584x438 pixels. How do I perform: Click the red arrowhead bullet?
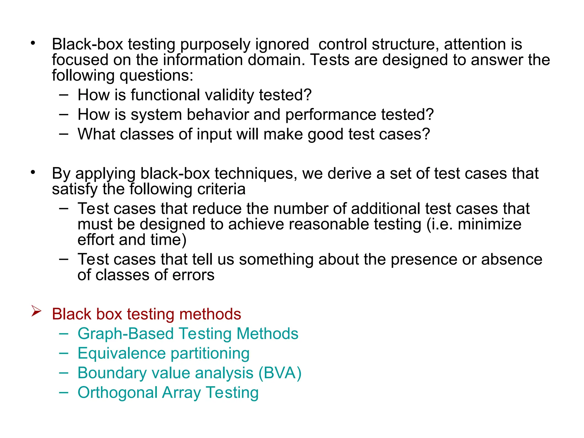coord(36,311)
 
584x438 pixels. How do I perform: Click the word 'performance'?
coord(331,115)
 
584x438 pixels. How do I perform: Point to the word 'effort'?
coord(96,240)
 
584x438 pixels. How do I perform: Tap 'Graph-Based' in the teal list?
coord(125,334)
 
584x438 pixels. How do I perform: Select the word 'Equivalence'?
coord(122,353)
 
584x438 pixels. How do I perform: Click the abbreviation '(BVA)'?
coord(280,373)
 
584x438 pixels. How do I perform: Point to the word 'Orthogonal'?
coord(117,393)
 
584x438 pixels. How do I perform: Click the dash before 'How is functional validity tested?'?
coord(64,95)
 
